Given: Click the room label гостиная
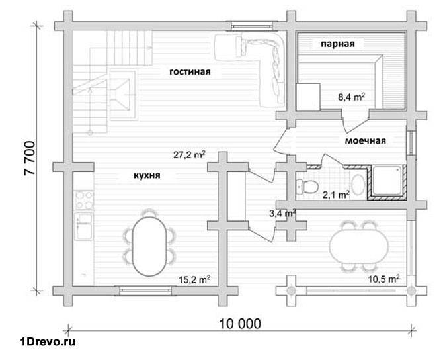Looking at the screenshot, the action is [x=190, y=71].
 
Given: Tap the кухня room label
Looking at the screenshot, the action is [x=147, y=175].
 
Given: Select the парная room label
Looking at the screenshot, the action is [x=338, y=44].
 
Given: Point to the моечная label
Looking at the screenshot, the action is [x=365, y=140].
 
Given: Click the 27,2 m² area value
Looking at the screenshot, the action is [x=189, y=155].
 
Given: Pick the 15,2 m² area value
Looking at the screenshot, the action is [x=194, y=279].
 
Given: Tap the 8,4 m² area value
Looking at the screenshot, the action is [x=352, y=97].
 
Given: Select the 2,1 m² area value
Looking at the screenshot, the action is [x=336, y=195].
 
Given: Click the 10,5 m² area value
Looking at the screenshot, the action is [x=383, y=279].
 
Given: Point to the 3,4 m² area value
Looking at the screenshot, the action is [x=282, y=213].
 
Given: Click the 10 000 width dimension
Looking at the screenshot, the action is [x=240, y=324].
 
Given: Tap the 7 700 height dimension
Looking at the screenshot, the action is [x=30, y=158].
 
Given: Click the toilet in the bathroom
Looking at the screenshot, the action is [x=307, y=187].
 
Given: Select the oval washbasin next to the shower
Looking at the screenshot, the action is [x=358, y=185].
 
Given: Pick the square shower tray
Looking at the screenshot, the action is [x=387, y=181].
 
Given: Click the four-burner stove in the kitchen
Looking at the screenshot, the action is [x=84, y=201].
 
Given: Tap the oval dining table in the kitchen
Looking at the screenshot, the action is [x=149, y=246].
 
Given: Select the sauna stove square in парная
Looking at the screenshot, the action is [x=308, y=97].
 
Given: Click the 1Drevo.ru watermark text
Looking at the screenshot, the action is [x=48, y=342].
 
